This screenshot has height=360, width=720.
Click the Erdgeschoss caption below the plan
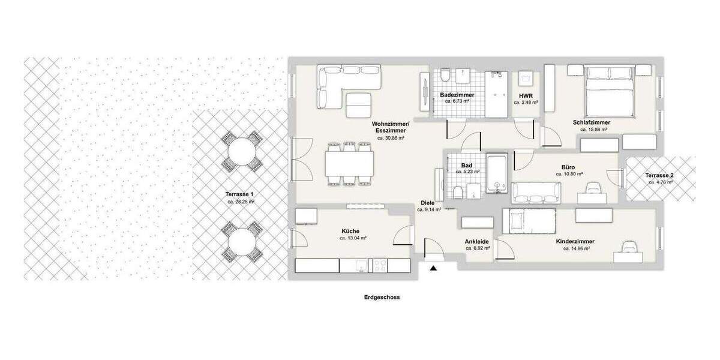point(382,297)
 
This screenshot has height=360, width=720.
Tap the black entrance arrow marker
point(433,268)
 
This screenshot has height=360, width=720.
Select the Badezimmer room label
point(457,95)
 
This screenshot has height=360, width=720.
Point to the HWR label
point(526,96)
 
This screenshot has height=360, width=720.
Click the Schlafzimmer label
point(595,122)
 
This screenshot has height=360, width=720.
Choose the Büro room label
point(568,167)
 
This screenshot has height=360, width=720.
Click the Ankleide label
point(477,242)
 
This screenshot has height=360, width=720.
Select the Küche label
point(350,231)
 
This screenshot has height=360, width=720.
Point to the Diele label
point(427,203)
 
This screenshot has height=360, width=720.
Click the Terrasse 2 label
point(659,175)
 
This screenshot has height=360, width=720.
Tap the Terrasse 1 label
point(240,194)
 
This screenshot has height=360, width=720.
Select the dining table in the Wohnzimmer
point(349,163)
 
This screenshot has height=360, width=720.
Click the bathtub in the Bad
point(497,174)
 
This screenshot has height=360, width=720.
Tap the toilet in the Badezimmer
point(445,76)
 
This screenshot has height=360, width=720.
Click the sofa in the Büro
point(536,192)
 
